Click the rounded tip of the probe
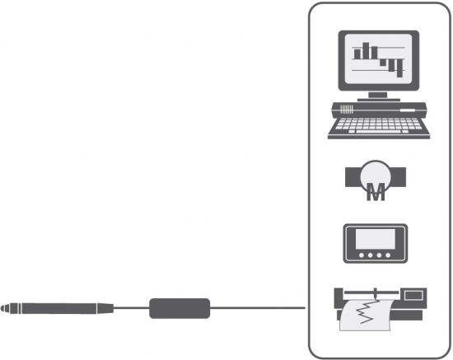click(2, 308)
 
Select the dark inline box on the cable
click(180, 308)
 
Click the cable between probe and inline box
click(132, 308)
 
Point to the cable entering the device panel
click(258, 308)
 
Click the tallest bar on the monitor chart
click(366, 51)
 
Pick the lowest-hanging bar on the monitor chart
click(399, 68)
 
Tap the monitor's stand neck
click(377, 95)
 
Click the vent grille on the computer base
click(347, 110)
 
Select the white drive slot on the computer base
click(408, 110)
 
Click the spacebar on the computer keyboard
click(378, 132)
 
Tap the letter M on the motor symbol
click(376, 192)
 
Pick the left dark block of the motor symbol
click(353, 176)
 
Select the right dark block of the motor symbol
click(399, 176)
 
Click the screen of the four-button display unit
click(376, 239)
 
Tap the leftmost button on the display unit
click(361, 255)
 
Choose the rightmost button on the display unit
click(388, 255)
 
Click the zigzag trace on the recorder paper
click(367, 312)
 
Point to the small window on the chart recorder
click(413, 295)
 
